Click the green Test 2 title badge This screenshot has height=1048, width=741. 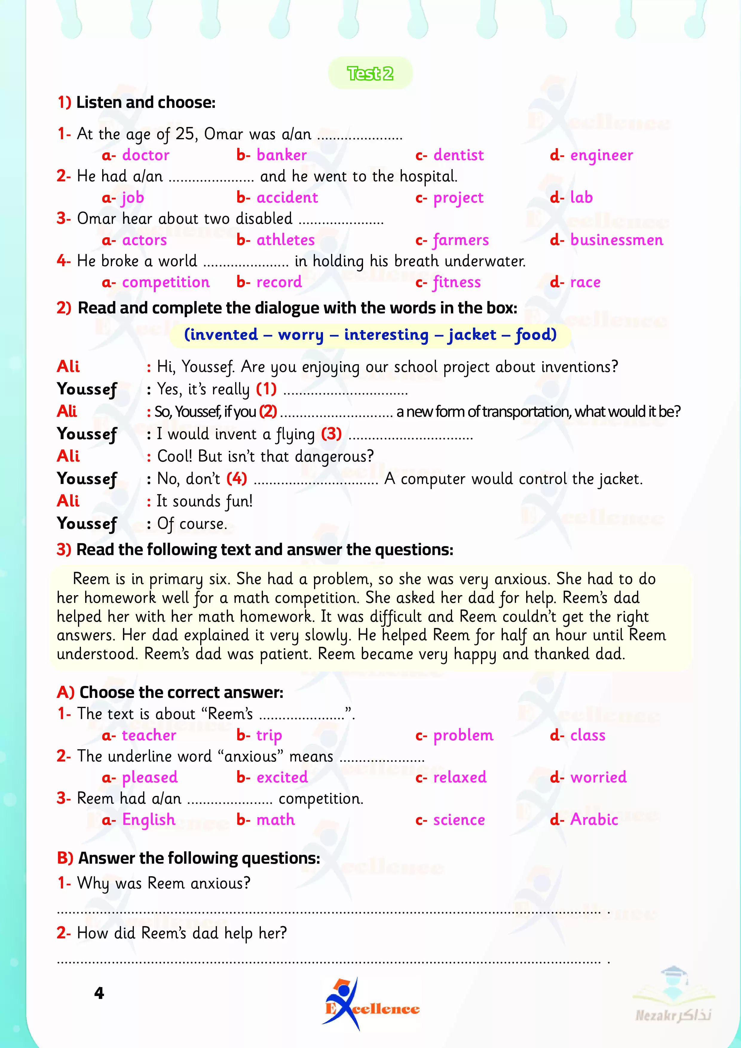370,73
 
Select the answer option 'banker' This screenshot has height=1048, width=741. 281,155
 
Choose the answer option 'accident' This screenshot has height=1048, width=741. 287,198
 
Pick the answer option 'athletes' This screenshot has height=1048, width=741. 285,240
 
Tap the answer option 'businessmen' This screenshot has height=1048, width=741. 616,240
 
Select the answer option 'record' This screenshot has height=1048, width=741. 279,282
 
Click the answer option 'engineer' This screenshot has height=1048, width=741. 601,155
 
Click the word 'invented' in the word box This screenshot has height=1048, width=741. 221,335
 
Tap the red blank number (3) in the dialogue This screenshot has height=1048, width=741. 331,433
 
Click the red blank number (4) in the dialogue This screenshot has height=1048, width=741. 237,478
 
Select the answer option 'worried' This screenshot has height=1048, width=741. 598,777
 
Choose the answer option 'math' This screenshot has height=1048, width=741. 275,820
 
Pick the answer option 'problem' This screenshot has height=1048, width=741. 463,735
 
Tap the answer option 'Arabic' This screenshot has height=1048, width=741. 594,820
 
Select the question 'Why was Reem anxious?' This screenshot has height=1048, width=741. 163,883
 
